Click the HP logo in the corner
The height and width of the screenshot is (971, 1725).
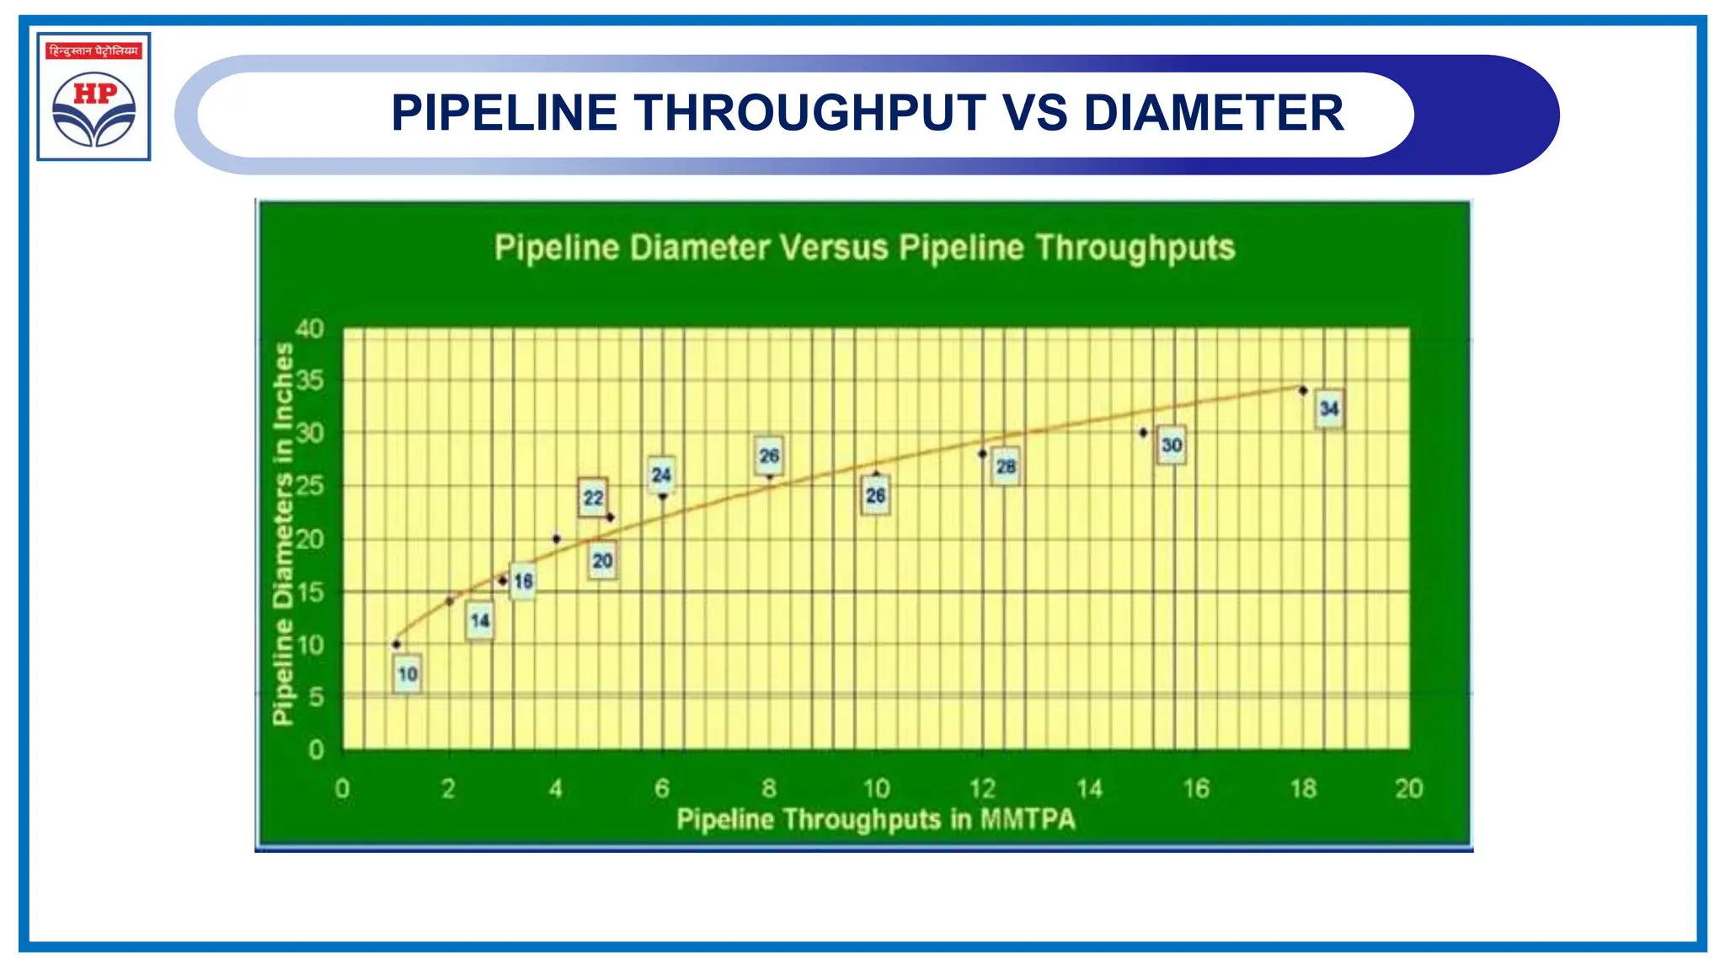click(93, 97)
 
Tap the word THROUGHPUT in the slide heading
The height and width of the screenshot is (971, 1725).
click(810, 113)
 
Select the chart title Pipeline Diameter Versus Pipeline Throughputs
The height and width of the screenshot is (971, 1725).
click(864, 248)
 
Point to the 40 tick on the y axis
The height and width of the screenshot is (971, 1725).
click(310, 329)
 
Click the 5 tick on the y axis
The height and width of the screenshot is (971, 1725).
click(316, 697)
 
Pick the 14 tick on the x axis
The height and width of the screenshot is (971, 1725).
click(1089, 789)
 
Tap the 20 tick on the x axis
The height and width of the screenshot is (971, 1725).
click(1408, 789)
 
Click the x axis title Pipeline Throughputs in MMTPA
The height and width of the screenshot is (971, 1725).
click(876, 819)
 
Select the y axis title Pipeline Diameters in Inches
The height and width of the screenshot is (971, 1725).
click(283, 533)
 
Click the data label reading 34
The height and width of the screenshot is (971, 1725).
click(1329, 409)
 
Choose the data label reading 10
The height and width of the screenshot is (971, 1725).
click(408, 674)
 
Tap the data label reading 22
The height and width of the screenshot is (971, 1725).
click(593, 498)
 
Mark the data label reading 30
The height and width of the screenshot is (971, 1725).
click(1172, 445)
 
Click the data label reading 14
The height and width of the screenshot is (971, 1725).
click(480, 621)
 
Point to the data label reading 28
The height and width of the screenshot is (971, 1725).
click(1006, 466)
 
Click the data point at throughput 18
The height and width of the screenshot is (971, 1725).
click(1303, 390)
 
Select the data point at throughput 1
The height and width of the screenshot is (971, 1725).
click(396, 644)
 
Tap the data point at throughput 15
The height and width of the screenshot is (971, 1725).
click(1143, 432)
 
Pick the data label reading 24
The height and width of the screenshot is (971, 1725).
click(661, 475)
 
